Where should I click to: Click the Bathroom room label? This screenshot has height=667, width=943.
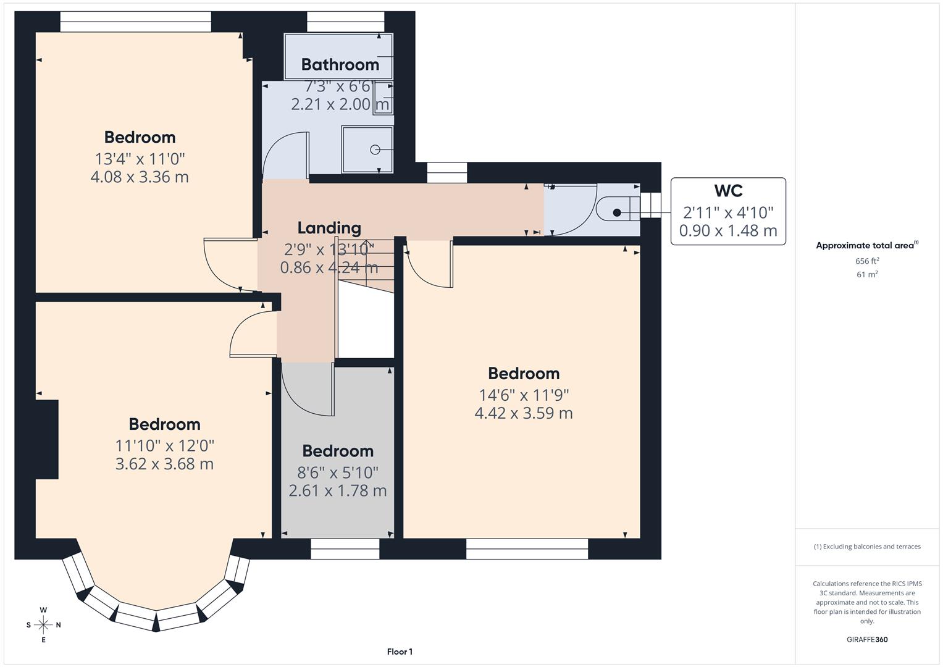(340, 64)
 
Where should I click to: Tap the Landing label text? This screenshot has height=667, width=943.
(329, 228)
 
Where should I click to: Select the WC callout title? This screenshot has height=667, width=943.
(728, 191)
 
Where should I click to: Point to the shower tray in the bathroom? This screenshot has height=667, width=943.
(367, 149)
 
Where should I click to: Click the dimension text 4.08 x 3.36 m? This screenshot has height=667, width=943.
(140, 177)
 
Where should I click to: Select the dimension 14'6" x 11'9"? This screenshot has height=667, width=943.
(524, 395)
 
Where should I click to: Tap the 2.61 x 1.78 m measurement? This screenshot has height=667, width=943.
(338, 491)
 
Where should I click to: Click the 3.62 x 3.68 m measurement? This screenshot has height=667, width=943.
(164, 464)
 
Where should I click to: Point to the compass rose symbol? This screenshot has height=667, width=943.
(43, 624)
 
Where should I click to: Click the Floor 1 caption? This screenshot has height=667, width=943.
(400, 652)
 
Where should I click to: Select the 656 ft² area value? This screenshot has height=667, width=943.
(867, 261)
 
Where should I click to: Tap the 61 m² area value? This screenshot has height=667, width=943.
(867, 275)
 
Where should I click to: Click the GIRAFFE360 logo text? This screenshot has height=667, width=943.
(867, 639)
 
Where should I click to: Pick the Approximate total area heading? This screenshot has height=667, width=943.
(866, 245)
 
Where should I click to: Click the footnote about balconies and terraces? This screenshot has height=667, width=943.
(867, 547)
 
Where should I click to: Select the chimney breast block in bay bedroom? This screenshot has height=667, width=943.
(47, 439)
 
